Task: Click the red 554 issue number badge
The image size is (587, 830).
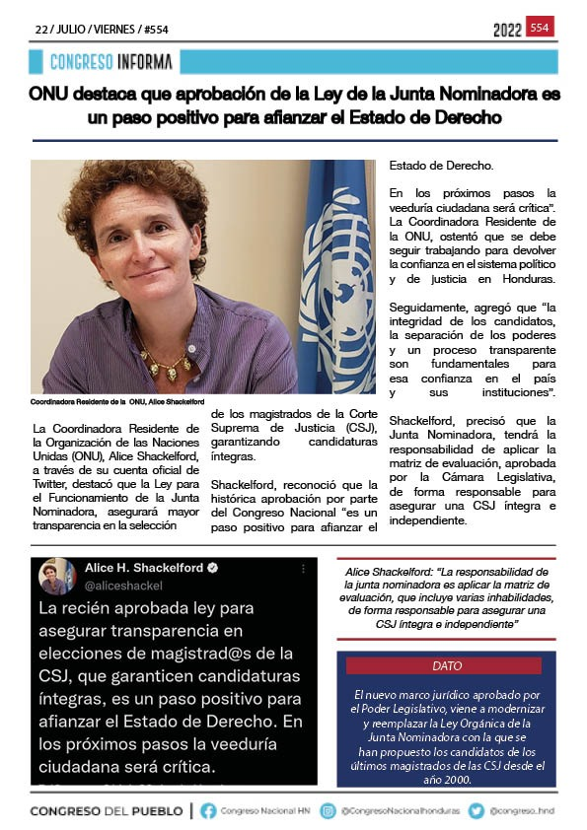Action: (x=540, y=28)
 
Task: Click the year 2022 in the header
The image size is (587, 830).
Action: (x=507, y=31)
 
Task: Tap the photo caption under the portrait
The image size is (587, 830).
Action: (x=117, y=402)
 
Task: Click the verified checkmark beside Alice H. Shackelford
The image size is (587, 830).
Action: (x=212, y=569)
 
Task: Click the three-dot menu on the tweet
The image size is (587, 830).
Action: (x=303, y=569)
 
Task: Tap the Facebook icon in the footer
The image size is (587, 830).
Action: (x=208, y=810)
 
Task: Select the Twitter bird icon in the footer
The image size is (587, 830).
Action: (x=477, y=810)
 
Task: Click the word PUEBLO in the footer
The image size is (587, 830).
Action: (x=149, y=810)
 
